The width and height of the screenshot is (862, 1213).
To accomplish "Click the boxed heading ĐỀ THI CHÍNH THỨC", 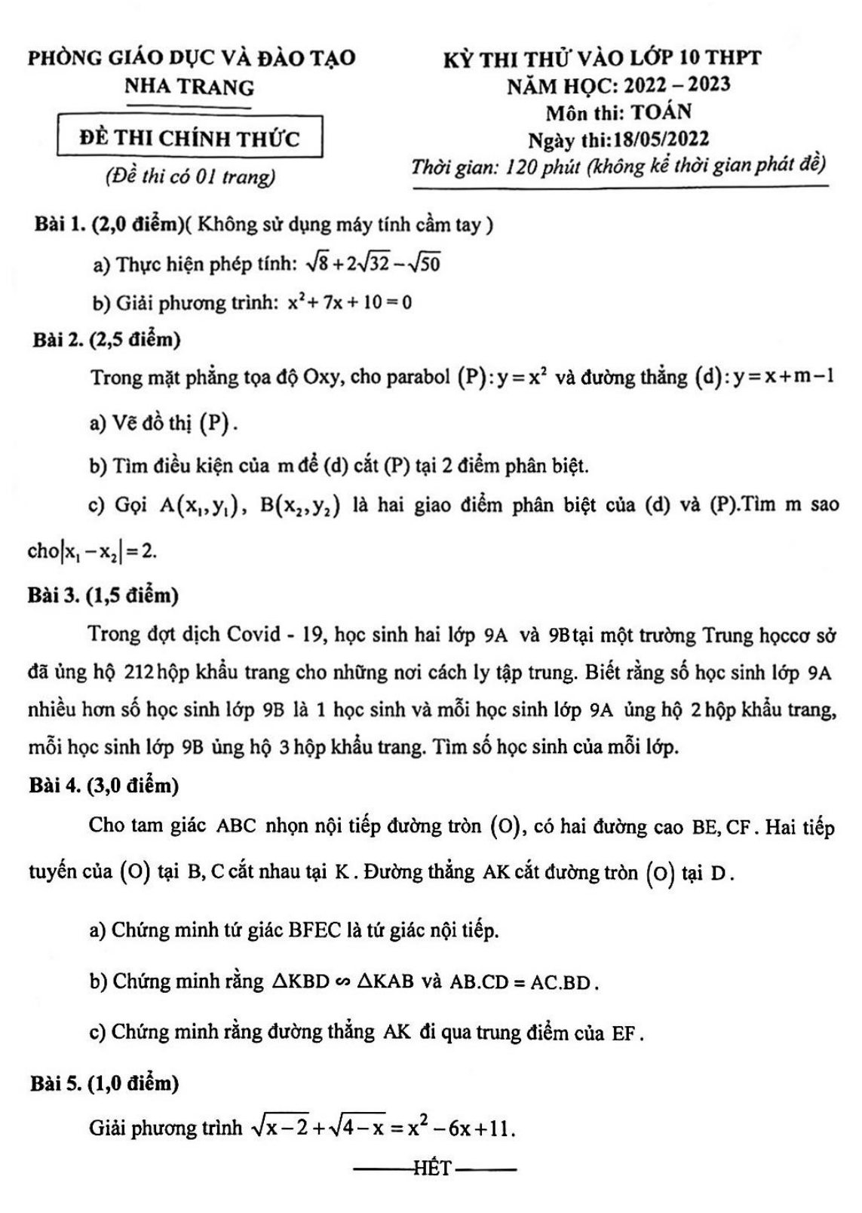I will (189, 138).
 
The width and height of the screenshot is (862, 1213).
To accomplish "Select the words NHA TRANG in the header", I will (189, 87).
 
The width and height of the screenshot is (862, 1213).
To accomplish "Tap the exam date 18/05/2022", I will (661, 139).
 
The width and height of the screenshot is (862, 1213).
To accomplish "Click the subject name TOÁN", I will (661, 112).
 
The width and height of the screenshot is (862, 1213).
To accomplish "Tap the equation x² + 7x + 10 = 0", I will (349, 303).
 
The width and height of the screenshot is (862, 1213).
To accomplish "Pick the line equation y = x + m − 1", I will (781, 376).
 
